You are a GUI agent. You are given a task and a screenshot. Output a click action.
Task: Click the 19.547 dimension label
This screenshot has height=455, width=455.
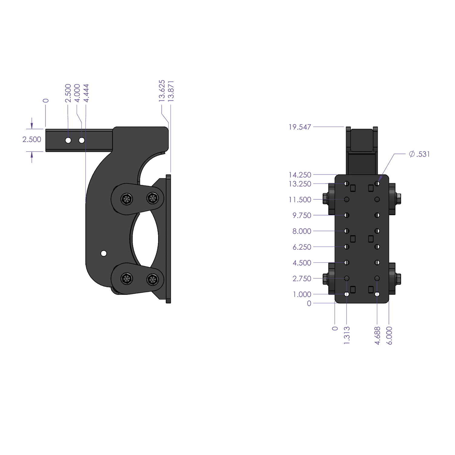coord(300,127)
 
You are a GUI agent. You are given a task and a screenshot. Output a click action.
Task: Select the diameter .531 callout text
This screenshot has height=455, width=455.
coord(419,154)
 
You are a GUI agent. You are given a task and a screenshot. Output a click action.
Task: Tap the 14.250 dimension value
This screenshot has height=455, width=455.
coord(300,175)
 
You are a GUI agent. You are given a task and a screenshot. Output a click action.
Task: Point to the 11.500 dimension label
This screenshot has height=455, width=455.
coord(300,200)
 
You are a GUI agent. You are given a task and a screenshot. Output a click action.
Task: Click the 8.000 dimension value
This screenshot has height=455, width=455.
coord(302,231)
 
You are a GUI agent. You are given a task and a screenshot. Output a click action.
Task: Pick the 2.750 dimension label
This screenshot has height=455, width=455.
coord(302,278)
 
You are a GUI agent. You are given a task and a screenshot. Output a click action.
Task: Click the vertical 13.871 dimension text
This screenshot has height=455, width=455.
coord(171,91)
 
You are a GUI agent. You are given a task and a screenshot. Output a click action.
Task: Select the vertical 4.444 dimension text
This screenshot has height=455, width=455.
coord(86,93)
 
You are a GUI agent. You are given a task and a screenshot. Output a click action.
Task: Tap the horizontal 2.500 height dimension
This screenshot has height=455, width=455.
coord(32,140)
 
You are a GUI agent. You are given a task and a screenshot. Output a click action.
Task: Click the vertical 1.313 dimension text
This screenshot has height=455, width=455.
coord(347,335)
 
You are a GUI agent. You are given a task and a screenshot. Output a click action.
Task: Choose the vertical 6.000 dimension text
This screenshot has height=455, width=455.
coord(389,335)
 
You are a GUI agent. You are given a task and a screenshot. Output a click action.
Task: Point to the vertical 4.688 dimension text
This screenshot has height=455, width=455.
coord(377,335)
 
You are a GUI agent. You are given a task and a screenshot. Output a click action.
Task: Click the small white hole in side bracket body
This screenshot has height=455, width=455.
coord(103,253)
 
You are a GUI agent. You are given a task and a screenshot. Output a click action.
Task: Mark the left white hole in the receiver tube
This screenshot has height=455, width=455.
coord(68,140)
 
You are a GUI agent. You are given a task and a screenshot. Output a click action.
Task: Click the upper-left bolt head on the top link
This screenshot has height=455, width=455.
coord(126,199)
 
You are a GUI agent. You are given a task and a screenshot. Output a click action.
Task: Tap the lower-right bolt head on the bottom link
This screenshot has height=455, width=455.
coord(153,279)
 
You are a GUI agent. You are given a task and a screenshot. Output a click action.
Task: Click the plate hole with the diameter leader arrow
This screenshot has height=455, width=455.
coord(377,184)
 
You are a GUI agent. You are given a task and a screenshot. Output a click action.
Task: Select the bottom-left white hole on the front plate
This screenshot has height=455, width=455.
coord(347,294)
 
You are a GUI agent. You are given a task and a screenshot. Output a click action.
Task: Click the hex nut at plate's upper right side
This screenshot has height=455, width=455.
coord(399,199)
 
